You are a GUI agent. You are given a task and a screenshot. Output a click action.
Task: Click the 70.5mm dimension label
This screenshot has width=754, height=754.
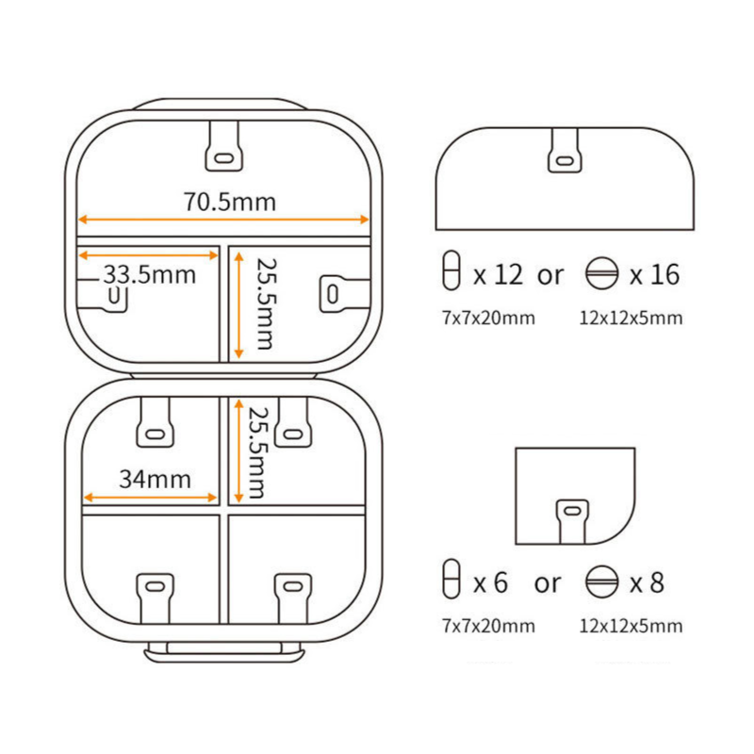click(x=230, y=202)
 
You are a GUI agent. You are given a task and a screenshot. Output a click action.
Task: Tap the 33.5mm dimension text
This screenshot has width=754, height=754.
click(x=150, y=275)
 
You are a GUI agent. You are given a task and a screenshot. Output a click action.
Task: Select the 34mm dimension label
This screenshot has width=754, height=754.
click(x=155, y=479)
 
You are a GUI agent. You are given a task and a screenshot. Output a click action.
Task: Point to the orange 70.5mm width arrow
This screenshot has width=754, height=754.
click(x=223, y=220)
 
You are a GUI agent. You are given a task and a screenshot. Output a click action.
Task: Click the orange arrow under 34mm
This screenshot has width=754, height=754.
click(x=150, y=498)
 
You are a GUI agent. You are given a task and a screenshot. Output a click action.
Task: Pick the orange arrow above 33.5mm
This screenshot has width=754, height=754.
click(x=148, y=254)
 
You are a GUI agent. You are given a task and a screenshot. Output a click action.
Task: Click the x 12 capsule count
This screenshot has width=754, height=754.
click(x=498, y=275)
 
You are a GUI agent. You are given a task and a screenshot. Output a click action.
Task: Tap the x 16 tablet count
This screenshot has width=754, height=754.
click(x=654, y=275)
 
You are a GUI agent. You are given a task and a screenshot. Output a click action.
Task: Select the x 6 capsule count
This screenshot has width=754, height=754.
click(x=490, y=582)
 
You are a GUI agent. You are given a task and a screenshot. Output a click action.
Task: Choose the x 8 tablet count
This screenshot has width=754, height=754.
click(x=647, y=582)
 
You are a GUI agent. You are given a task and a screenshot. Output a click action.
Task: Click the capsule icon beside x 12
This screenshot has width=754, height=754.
click(x=451, y=270)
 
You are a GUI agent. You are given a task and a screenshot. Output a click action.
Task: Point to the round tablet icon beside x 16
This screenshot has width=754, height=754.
click(x=601, y=273)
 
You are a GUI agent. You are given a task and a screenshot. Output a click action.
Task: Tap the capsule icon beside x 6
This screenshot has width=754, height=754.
click(x=451, y=579)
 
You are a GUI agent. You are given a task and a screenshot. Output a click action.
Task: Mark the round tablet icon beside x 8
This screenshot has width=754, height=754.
click(x=601, y=582)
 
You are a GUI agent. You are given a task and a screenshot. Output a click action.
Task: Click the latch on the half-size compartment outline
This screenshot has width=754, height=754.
click(x=565, y=151)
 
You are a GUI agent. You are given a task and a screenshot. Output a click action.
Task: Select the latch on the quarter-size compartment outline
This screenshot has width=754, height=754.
click(x=572, y=522)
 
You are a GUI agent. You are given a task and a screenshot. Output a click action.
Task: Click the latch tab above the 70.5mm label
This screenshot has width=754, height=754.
click(x=223, y=146)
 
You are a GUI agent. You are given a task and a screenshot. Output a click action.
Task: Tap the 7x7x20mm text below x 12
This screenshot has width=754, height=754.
click(x=488, y=319)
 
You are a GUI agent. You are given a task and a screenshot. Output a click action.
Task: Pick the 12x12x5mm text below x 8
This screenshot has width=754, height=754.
click(x=631, y=626)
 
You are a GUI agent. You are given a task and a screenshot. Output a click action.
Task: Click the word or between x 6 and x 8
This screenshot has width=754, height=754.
click(x=548, y=583)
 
